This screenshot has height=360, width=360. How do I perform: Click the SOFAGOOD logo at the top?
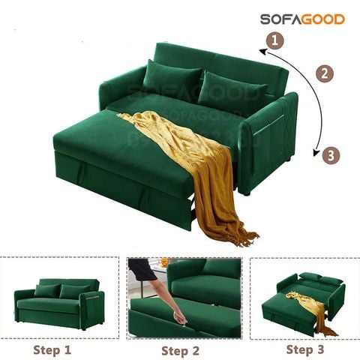click(x=302, y=19)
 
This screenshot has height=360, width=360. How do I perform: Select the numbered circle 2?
click(x=324, y=73)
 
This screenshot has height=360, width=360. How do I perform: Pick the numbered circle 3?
click(x=330, y=156)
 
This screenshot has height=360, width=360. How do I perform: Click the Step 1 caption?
click(x=54, y=349)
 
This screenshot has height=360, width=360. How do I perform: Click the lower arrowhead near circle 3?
click(x=315, y=150)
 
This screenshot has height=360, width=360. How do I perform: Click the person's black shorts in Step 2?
click(x=145, y=268)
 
